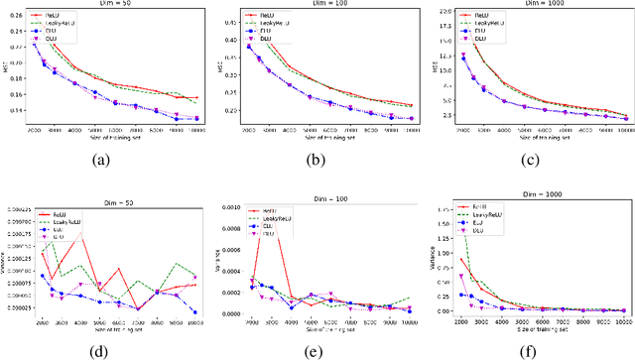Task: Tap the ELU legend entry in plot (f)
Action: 481,223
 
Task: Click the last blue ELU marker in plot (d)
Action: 195,312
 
